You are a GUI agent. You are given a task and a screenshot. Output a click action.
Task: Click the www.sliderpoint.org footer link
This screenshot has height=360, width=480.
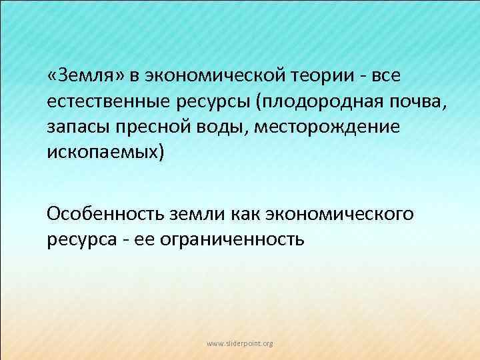[x=239, y=343]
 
